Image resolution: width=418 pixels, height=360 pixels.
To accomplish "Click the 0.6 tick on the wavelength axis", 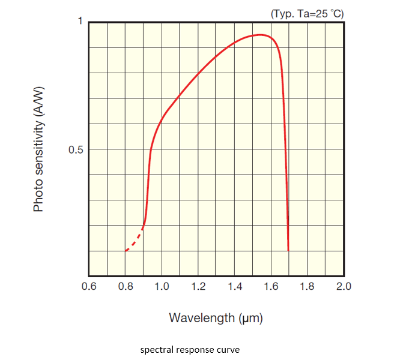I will (89, 286).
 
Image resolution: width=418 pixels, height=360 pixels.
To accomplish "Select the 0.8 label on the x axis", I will (126, 286).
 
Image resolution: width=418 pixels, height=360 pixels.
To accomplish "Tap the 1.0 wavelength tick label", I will (162, 286).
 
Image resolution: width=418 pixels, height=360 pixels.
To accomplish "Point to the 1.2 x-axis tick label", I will (198, 286).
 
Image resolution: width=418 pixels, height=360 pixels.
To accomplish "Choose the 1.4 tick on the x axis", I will (235, 286).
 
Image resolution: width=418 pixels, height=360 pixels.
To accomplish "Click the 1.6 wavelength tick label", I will (271, 286).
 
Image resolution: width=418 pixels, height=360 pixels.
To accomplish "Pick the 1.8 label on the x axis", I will (307, 286).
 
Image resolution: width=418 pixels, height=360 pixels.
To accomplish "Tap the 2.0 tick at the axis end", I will (344, 286).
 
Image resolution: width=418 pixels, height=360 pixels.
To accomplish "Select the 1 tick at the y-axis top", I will (79, 22).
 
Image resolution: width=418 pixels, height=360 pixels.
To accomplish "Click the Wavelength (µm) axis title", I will (216, 317).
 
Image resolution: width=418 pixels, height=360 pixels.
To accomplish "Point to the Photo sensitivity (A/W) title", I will (38, 148).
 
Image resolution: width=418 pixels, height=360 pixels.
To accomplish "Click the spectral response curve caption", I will (189, 349).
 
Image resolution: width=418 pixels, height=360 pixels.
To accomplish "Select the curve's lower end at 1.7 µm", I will (288, 250).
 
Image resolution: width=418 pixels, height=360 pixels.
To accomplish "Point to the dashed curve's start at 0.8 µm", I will (126, 250).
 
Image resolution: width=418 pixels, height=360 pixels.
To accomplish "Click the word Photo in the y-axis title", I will (38, 196).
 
